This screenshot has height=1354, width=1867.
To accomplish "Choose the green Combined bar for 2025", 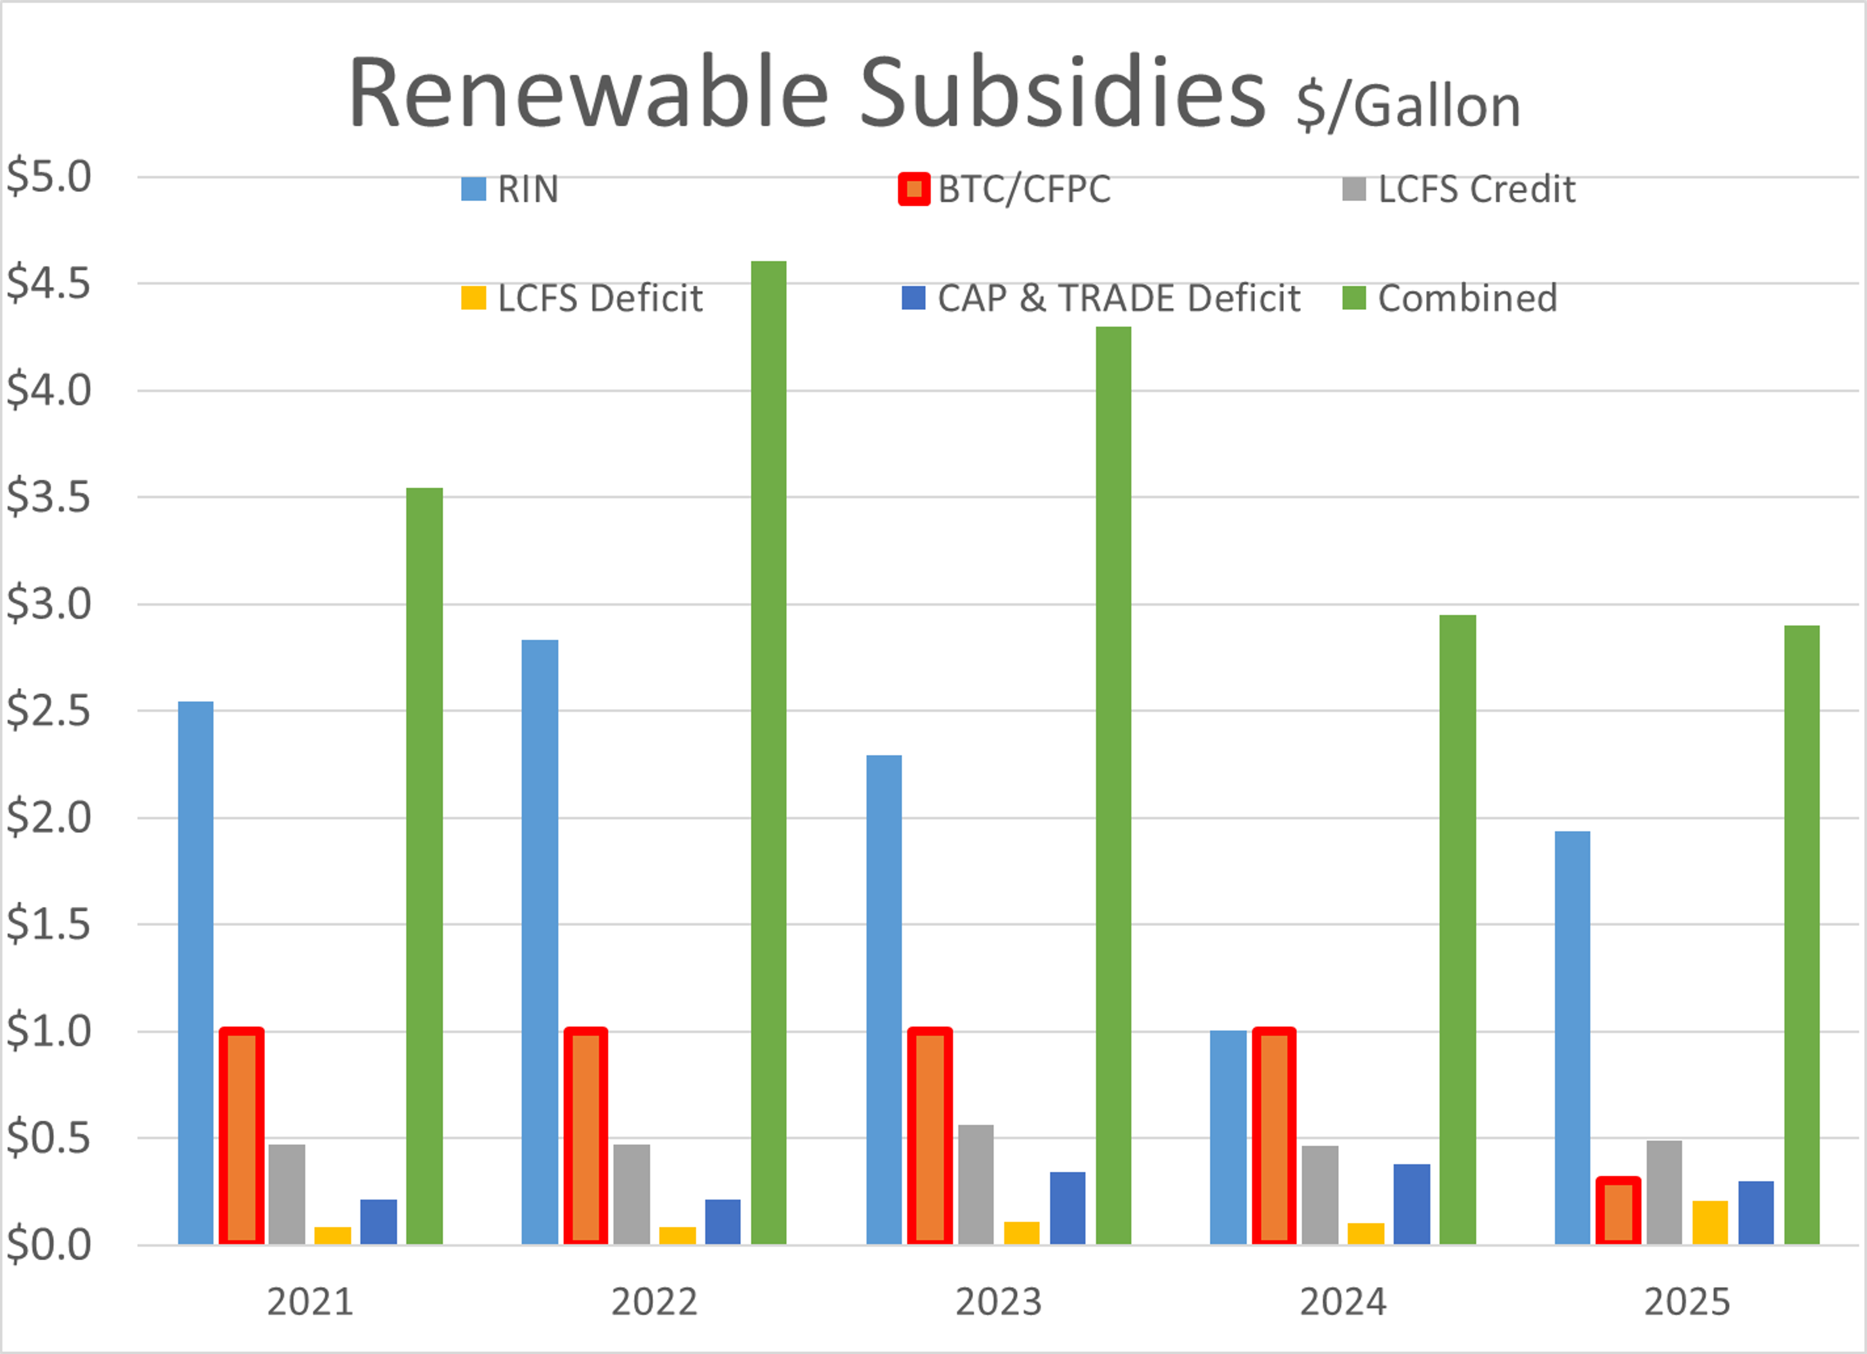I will pos(1801,934).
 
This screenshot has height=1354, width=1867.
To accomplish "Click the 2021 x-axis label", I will pos(310,1302).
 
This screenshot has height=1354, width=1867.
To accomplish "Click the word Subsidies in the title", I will pos(1062,92).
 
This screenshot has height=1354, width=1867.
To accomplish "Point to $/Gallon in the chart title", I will pos(1408,107).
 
